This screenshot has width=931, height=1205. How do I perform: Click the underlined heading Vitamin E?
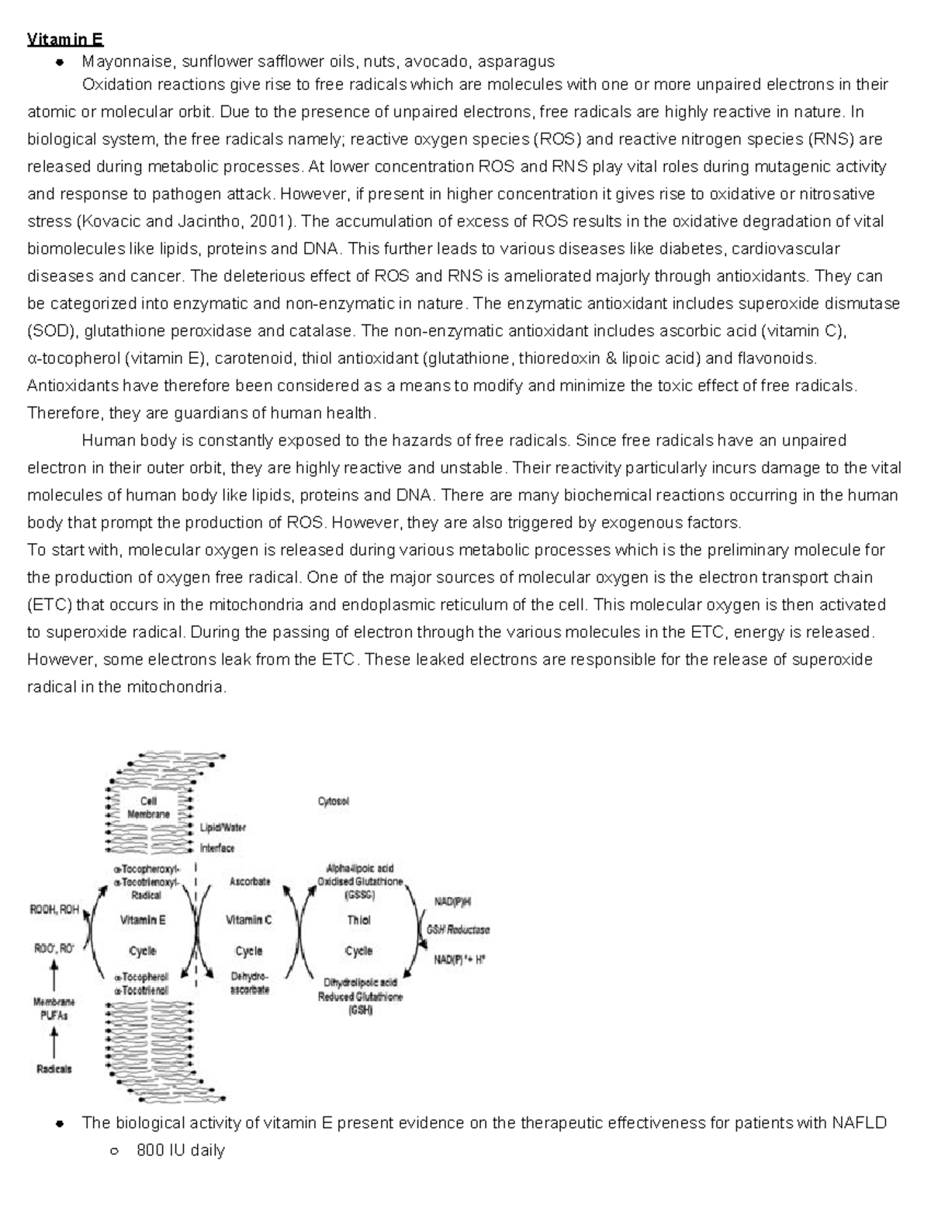point(65,40)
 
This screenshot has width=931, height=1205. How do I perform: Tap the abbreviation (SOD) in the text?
point(52,331)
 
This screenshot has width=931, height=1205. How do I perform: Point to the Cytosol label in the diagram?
point(334,802)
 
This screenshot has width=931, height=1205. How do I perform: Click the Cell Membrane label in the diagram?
point(149,808)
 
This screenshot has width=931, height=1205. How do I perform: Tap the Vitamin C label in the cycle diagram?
point(249,920)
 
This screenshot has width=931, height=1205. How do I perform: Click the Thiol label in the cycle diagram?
point(358,920)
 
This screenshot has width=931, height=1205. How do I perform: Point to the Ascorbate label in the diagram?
point(250,881)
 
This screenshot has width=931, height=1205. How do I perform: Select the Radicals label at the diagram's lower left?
point(54,1069)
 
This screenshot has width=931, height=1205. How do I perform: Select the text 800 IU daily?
point(180,1151)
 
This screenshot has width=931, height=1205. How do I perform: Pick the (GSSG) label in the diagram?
point(359,894)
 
